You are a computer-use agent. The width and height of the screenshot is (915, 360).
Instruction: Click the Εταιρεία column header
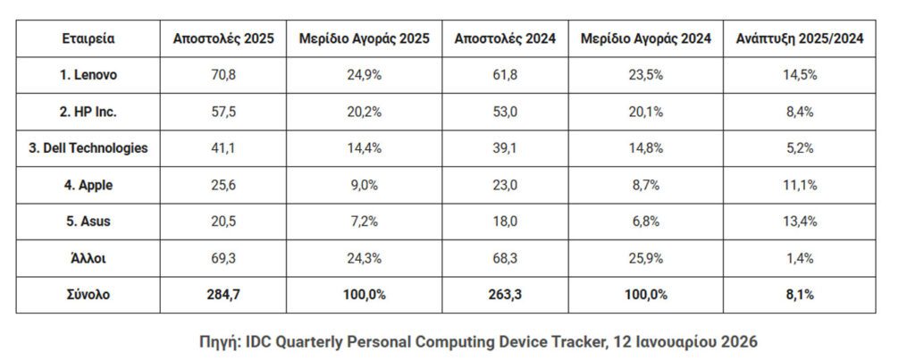88,38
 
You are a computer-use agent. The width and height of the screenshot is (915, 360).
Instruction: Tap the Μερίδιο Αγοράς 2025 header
365,38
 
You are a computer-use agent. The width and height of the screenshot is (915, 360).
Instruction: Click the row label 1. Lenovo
88,75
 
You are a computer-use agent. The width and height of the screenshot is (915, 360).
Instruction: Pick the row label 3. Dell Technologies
88,148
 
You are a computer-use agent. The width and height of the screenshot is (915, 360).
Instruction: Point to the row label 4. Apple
88,185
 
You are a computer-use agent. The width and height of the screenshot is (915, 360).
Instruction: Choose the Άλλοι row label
88,258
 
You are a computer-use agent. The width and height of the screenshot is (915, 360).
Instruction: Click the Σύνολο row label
88,295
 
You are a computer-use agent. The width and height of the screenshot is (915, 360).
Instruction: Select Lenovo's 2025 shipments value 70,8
223,75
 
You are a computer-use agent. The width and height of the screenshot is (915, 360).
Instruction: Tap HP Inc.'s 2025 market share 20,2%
365,112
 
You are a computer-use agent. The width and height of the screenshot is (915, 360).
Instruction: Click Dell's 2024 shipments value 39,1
505,148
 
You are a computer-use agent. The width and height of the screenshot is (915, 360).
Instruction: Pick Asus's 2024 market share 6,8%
645,222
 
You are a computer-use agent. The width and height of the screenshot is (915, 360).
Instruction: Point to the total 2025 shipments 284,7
223,295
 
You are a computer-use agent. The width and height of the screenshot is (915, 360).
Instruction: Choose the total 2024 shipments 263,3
505,295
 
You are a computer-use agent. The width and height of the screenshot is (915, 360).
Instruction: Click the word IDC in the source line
265,342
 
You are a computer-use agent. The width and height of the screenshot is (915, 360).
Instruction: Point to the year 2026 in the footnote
740,342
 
